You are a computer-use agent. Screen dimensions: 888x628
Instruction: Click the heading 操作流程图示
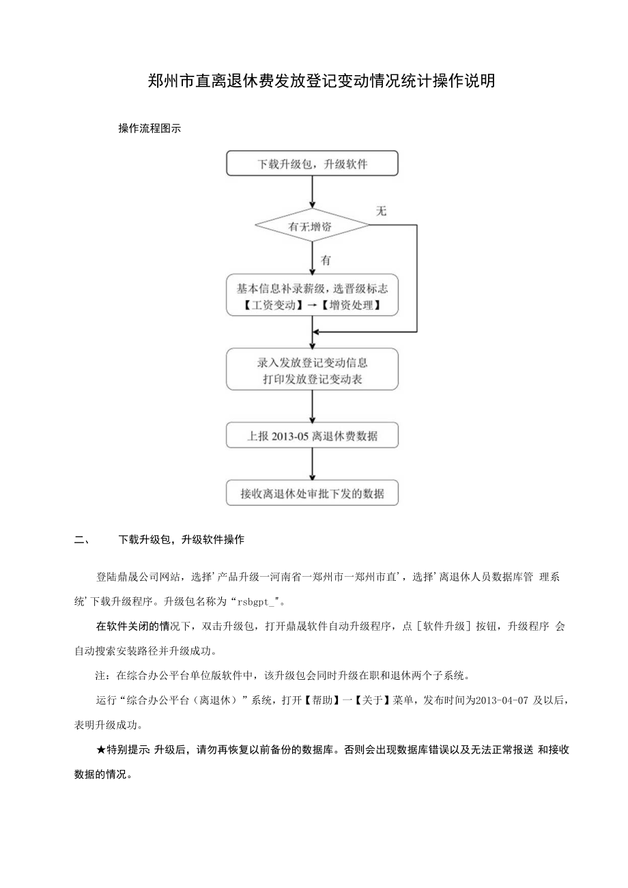(x=149, y=128)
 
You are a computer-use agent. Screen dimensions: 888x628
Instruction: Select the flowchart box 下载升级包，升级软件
(x=312, y=164)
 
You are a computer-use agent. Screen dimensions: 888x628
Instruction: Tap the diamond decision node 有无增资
(x=312, y=227)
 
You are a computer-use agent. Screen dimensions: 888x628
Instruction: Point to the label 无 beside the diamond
(x=381, y=211)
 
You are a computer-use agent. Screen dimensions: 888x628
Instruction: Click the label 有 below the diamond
(x=326, y=260)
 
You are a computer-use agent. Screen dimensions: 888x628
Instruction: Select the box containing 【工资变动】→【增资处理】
(x=312, y=295)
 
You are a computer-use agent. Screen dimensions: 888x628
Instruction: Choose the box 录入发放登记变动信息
(x=312, y=369)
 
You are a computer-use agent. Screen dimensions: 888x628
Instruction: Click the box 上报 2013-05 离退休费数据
(x=312, y=435)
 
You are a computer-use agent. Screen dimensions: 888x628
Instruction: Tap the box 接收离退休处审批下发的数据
(x=312, y=493)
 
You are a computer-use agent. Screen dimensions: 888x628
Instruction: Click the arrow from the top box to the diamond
(x=313, y=192)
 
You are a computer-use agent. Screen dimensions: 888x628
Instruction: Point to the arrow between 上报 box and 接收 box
(x=313, y=465)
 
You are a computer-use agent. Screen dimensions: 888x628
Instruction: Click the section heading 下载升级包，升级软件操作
(x=181, y=540)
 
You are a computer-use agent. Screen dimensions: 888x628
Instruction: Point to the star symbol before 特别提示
(x=101, y=749)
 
